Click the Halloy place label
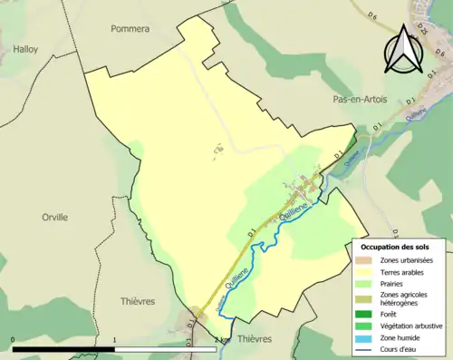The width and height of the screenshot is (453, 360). pyautogui.click(x=25, y=50)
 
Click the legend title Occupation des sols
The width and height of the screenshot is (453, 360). pyautogui.click(x=395, y=248)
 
